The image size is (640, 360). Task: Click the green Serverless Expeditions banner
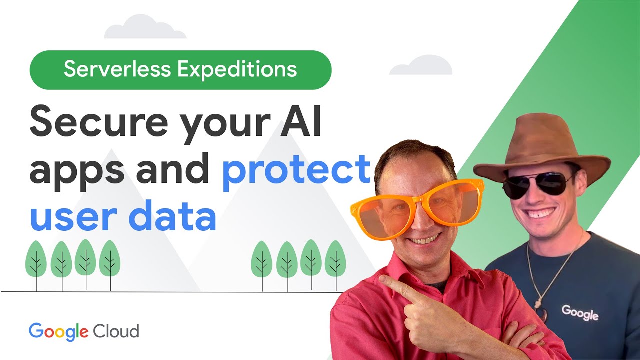[180, 70]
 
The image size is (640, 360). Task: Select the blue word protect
[296, 170]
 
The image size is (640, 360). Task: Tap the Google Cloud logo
[83, 331]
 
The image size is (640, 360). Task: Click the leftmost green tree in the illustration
[36, 260]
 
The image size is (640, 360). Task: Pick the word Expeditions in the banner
[237, 70]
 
